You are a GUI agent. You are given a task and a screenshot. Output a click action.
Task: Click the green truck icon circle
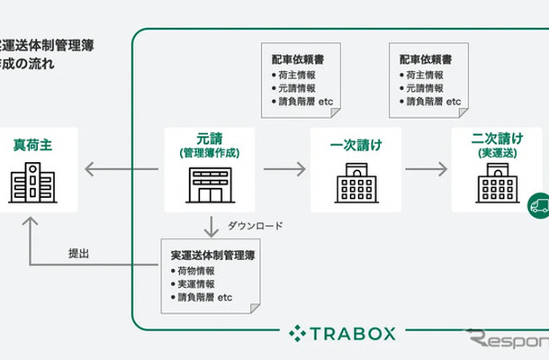tap(539, 204)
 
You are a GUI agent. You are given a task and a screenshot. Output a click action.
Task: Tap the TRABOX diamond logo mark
tap(298, 334)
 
